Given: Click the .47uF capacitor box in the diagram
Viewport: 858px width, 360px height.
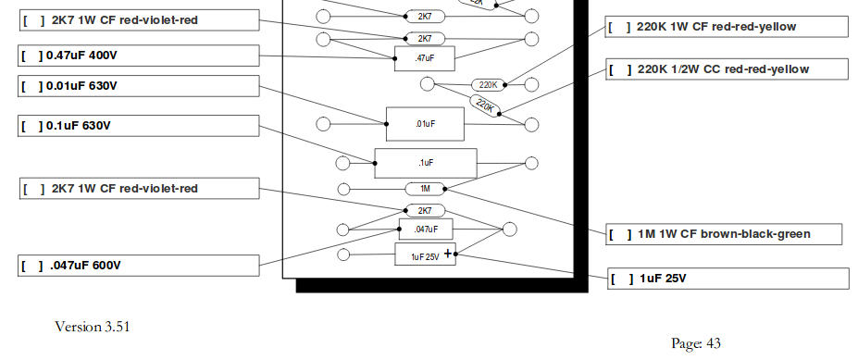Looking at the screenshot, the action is [425, 58].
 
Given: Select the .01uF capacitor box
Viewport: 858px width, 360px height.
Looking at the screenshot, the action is [425, 124].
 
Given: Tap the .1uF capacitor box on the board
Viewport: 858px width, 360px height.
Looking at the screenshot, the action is [426, 163].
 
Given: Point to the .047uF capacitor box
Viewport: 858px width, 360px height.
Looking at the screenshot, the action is [426, 230].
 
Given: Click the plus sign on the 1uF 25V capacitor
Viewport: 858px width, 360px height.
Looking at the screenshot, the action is [448, 254].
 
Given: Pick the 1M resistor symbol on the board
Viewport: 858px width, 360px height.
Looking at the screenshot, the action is [425, 189].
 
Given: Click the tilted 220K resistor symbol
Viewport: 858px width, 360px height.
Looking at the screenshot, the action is [484, 106].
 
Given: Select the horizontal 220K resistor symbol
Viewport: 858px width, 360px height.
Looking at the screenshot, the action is [488, 85].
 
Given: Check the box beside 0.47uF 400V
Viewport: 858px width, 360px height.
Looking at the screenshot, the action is [31, 56].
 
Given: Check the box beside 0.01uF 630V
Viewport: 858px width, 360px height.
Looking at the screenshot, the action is [31, 86].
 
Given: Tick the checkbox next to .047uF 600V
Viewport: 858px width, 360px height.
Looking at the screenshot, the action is [31, 266].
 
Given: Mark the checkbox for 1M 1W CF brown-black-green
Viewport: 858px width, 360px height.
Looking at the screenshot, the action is [620, 234].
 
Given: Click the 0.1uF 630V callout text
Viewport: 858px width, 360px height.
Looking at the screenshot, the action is [79, 126].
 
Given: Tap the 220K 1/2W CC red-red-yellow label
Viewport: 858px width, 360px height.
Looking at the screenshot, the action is [723, 69].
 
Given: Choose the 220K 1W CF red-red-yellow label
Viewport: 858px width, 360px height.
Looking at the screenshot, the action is [716, 27].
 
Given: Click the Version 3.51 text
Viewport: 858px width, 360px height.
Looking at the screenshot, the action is [93, 327].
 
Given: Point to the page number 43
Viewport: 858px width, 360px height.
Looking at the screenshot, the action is [714, 343].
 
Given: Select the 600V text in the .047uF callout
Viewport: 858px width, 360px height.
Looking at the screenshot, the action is [106, 266].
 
